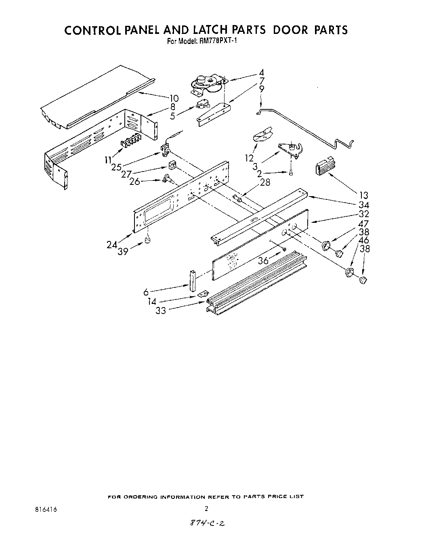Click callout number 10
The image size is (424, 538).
174,98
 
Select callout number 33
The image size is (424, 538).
161,311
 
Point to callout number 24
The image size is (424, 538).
112,244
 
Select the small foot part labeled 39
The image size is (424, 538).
147,241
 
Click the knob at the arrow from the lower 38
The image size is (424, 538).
362,280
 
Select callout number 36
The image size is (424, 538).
263,261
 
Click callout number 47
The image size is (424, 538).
363,224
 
